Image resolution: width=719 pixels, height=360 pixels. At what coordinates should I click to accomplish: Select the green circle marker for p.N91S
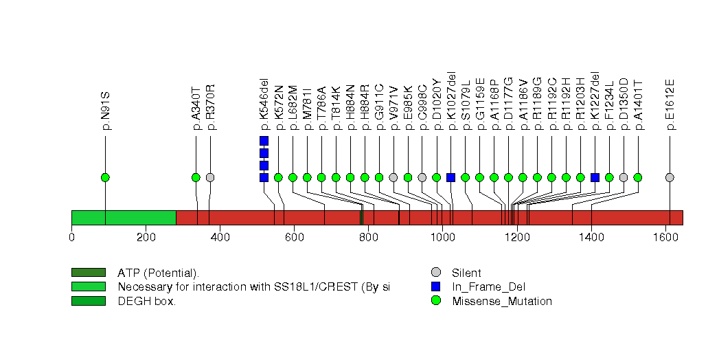105,177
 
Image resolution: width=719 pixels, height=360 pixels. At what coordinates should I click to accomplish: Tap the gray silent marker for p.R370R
210,177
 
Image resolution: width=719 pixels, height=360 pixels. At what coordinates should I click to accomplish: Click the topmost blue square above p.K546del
264,141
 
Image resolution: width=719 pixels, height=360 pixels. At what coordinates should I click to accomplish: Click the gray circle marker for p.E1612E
670,177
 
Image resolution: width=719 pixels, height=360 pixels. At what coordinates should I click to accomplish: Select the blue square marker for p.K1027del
450,177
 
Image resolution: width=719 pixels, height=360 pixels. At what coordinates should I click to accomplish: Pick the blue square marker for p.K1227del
595,177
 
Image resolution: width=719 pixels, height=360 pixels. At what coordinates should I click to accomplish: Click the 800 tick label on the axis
368,238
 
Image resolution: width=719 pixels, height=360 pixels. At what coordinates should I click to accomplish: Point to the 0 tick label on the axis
71,238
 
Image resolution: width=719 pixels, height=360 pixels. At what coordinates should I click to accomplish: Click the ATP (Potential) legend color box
88,273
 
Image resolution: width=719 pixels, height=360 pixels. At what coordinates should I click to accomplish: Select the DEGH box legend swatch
88,301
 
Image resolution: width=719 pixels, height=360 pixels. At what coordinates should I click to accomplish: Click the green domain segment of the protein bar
124,217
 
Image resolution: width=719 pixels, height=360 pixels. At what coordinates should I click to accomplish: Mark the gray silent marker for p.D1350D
624,177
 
